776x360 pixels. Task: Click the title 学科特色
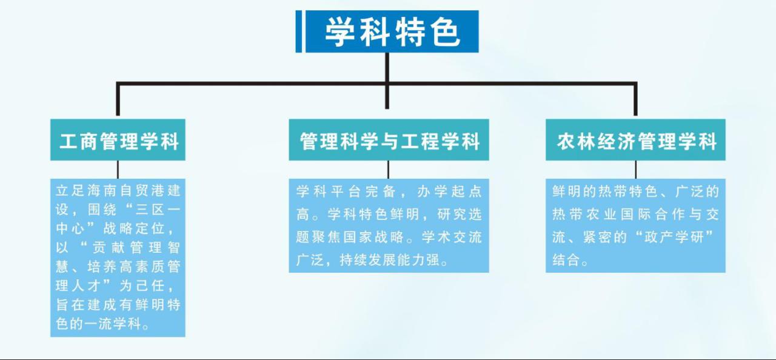392,32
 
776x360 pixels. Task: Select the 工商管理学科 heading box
118,140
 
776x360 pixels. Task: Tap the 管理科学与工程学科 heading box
389,140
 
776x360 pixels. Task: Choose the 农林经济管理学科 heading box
635,140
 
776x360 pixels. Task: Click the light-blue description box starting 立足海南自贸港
118,258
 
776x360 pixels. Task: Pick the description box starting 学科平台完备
389,225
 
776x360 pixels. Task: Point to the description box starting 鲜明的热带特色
635,225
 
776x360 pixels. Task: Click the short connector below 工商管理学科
118,170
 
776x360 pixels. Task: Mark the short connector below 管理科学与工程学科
388,170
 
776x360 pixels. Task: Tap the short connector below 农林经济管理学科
636,170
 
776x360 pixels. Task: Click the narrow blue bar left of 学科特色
299,32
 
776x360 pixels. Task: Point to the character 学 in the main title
340,32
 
